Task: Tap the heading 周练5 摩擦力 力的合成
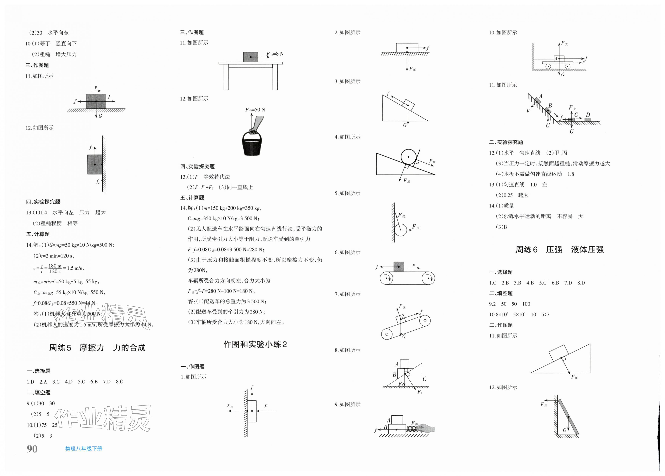(97, 348)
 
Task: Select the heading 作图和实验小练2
(255, 344)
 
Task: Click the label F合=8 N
(275, 54)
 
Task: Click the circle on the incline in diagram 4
(408, 157)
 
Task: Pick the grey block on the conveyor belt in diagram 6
(399, 267)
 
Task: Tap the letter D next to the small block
(588, 115)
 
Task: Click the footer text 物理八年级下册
(84, 449)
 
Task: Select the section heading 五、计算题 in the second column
(192, 198)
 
